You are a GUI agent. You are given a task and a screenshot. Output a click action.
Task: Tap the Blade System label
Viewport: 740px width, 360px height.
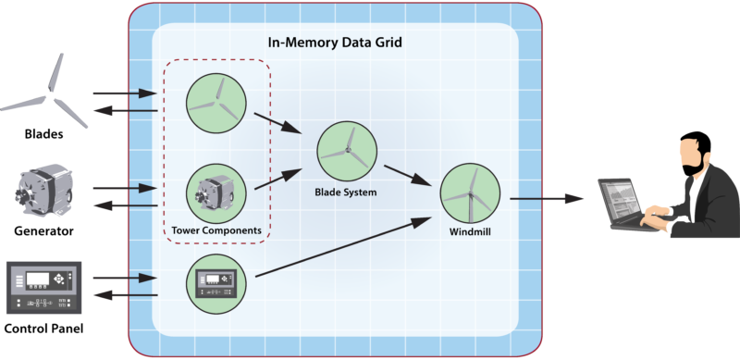[x=348, y=192]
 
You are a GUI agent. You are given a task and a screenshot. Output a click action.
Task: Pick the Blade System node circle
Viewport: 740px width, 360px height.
[x=348, y=152]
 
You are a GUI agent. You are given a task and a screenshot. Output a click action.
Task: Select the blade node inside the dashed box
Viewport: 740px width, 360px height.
[x=216, y=103]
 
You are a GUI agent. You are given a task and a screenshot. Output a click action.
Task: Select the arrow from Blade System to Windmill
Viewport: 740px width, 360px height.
[x=408, y=173]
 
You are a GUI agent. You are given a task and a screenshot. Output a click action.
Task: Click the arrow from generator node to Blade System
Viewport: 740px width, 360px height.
[x=280, y=178]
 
